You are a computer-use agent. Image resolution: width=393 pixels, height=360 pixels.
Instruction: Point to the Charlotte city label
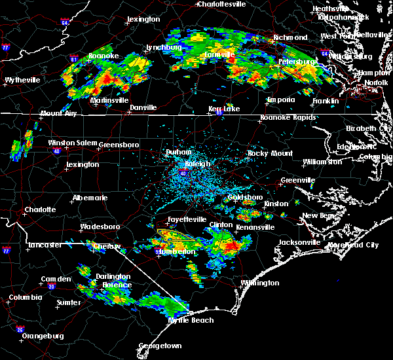[40, 210]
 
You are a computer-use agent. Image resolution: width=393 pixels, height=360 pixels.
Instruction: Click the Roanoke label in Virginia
[103, 56]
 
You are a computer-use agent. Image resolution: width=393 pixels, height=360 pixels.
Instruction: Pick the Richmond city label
[290, 37]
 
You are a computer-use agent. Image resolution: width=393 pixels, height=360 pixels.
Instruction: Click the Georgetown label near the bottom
[160, 346]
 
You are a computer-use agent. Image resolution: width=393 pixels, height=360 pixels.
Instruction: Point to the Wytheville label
[23, 80]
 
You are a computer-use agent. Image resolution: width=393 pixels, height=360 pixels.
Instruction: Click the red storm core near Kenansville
[232, 247]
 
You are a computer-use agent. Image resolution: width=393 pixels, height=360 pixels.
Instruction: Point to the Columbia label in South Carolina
[26, 297]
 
